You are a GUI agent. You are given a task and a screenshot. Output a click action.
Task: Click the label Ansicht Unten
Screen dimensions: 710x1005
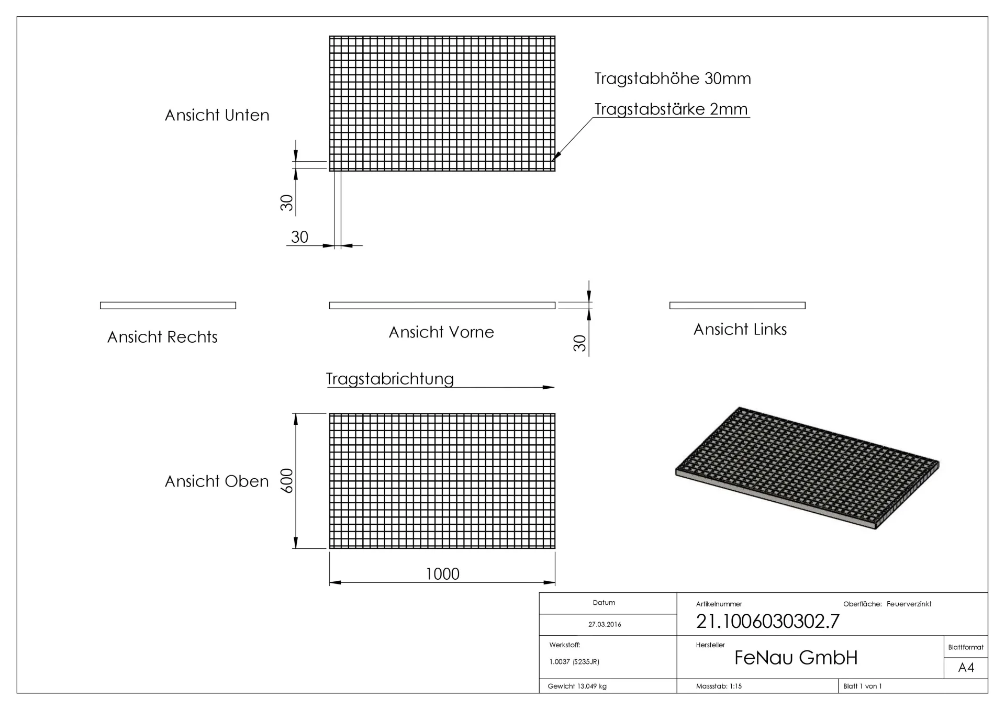(x=217, y=115)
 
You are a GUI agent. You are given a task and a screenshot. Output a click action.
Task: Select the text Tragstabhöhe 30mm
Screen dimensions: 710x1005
(x=672, y=78)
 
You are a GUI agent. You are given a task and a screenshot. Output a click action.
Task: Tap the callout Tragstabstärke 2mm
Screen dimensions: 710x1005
(x=671, y=109)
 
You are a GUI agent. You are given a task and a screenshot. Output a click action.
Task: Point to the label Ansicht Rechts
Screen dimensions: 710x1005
(x=162, y=337)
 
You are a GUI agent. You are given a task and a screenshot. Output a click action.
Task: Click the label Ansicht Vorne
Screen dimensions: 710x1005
(x=441, y=332)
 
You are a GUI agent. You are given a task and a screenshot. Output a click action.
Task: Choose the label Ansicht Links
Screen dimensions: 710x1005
(x=740, y=329)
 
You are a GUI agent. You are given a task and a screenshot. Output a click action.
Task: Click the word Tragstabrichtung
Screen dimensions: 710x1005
(x=389, y=378)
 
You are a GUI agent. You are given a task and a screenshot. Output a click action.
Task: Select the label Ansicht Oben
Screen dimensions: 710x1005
(x=217, y=481)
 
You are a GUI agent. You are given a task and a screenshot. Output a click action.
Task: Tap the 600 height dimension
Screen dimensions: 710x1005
(x=287, y=480)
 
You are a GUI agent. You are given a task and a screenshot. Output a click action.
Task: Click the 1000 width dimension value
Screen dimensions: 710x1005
(x=442, y=574)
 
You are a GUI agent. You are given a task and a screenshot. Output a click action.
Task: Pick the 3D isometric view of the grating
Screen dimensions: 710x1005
(x=806, y=467)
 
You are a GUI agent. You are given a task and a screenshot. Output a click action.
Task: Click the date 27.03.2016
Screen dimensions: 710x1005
(x=605, y=624)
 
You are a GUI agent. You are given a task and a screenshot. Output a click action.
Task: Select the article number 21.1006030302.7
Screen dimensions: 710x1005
(x=767, y=621)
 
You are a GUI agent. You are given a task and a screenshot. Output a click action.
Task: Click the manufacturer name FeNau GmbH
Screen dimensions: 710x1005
(x=796, y=658)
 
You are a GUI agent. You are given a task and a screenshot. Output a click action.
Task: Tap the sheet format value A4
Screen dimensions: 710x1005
(x=966, y=668)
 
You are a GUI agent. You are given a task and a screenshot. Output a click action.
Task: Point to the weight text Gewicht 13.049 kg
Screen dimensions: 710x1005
(x=577, y=686)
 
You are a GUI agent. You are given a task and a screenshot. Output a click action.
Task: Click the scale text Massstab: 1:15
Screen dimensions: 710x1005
(x=719, y=686)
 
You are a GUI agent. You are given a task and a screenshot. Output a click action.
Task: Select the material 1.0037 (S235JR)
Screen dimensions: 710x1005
(x=574, y=662)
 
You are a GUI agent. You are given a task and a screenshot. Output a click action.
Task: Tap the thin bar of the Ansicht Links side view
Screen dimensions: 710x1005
(x=737, y=306)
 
